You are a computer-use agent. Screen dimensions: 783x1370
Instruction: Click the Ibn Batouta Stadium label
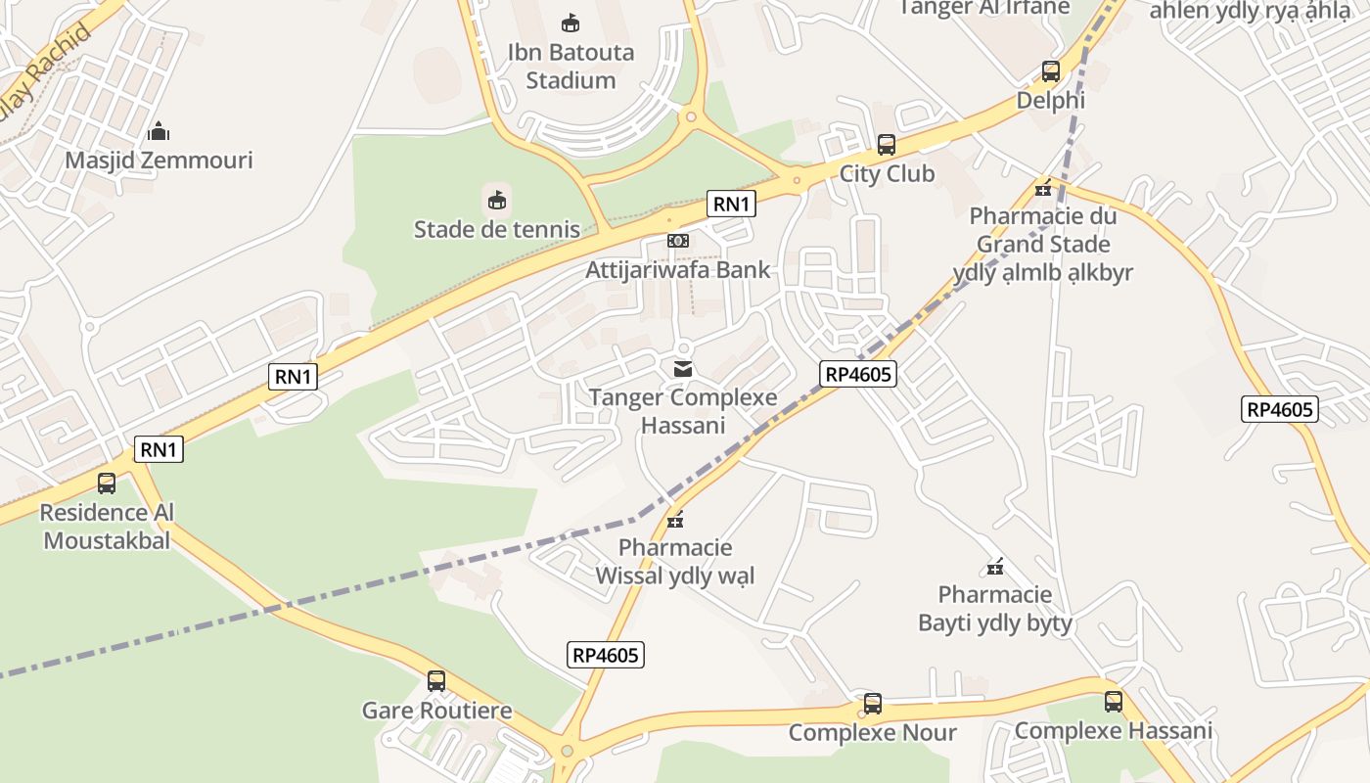[x=571, y=66]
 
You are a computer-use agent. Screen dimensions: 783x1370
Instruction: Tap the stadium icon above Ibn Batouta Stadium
[x=571, y=23]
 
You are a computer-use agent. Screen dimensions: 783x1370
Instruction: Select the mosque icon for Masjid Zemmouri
[x=159, y=131]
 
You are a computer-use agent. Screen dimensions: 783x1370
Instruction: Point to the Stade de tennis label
[x=497, y=230]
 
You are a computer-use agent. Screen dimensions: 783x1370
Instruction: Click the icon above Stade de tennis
[x=497, y=201]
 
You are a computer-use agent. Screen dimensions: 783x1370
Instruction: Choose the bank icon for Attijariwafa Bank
[x=678, y=241]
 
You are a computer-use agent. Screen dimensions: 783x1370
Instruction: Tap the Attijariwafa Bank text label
[x=678, y=269]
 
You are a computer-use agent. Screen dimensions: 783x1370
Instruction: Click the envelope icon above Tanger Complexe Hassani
[x=683, y=369]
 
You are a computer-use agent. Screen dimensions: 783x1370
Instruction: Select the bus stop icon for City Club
[x=887, y=145]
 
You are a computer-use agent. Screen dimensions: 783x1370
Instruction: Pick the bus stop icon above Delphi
[x=1051, y=71]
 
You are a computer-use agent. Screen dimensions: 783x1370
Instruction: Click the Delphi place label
[x=1051, y=100]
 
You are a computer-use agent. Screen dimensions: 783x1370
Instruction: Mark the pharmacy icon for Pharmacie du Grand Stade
[x=1043, y=188]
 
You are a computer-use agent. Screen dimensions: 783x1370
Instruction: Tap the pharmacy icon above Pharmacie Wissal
[x=674, y=519]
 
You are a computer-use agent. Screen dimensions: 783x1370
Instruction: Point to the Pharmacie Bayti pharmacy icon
[x=995, y=566]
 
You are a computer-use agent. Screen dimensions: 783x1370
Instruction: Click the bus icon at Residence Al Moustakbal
[x=107, y=484]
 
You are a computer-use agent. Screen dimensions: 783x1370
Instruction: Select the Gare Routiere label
[x=436, y=711]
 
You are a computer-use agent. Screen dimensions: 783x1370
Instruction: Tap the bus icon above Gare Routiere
[x=436, y=681]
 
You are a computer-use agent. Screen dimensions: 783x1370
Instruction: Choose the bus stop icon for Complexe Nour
[x=872, y=704]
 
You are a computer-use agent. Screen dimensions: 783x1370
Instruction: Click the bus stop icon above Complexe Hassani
[x=1114, y=702]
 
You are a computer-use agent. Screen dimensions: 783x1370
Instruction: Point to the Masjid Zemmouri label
[x=159, y=161]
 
